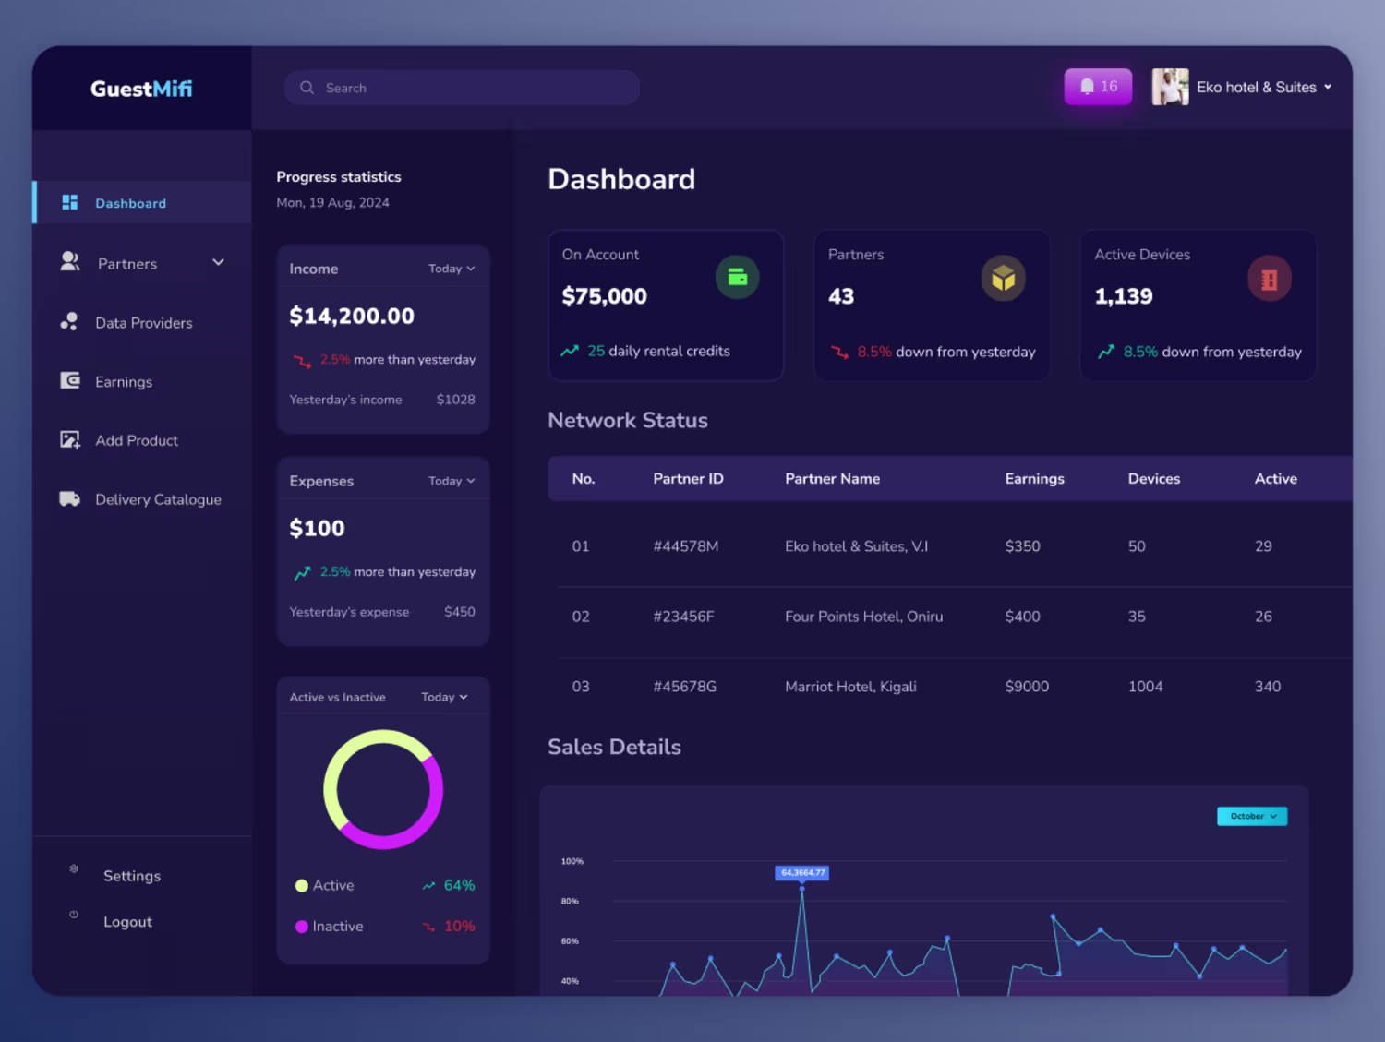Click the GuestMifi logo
(x=141, y=89)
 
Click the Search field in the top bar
(x=462, y=88)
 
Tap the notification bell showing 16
(x=1098, y=87)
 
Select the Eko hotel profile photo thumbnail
(x=1170, y=87)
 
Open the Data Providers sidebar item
(x=143, y=323)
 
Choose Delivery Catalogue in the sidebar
(x=158, y=499)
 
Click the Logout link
(x=127, y=922)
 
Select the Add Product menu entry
(x=137, y=440)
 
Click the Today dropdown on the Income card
(x=452, y=269)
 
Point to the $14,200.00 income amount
(x=352, y=317)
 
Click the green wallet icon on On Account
(x=737, y=277)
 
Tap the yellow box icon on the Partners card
(x=1003, y=278)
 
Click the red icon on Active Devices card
(x=1270, y=279)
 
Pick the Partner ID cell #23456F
(x=684, y=617)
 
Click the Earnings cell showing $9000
(x=1027, y=687)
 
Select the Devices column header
(x=1154, y=479)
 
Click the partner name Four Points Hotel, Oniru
(x=864, y=617)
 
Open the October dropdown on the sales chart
(x=1252, y=816)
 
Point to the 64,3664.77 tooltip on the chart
(x=801, y=872)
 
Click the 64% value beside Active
(x=459, y=886)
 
